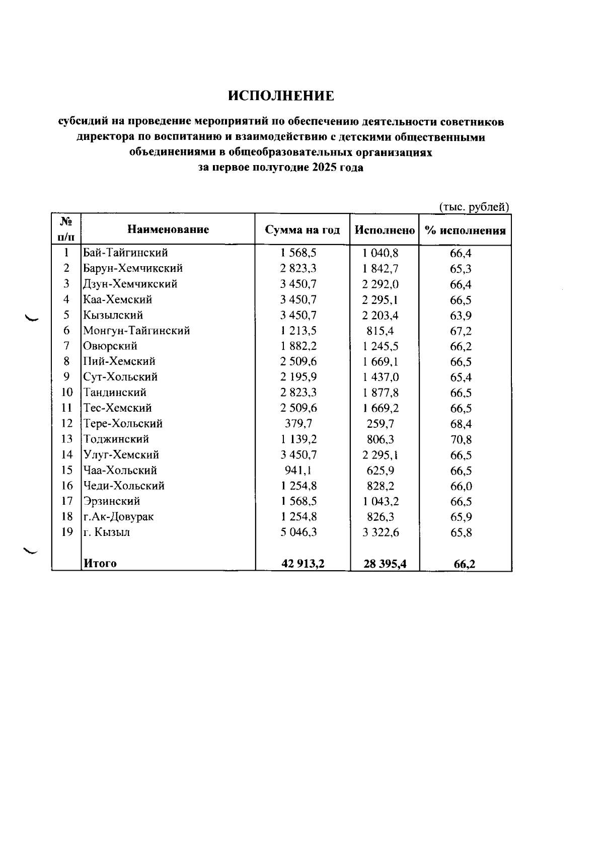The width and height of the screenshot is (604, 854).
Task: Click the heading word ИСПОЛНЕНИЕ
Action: click(x=281, y=96)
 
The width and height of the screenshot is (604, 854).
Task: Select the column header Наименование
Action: click(x=168, y=230)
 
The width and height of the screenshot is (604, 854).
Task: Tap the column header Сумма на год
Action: click(x=303, y=230)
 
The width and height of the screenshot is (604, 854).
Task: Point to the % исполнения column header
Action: click(x=465, y=231)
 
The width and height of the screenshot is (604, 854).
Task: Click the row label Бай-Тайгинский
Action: click(x=125, y=253)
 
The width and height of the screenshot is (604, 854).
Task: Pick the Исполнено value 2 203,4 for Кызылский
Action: click(x=381, y=316)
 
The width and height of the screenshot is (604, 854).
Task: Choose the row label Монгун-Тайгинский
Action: click(x=136, y=331)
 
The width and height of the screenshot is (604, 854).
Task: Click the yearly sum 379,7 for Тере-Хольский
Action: click(x=298, y=424)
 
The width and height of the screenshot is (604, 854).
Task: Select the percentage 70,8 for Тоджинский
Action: click(x=461, y=440)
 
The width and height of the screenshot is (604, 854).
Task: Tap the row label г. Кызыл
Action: click(x=106, y=532)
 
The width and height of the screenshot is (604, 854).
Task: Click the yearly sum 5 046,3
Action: click(x=298, y=532)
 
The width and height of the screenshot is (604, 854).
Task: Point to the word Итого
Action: click(x=100, y=564)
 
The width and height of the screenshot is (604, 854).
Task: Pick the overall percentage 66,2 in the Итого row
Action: click(x=464, y=565)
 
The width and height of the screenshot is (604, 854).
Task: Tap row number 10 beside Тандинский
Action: click(x=67, y=393)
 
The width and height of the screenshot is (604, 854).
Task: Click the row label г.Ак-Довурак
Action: click(x=118, y=517)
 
